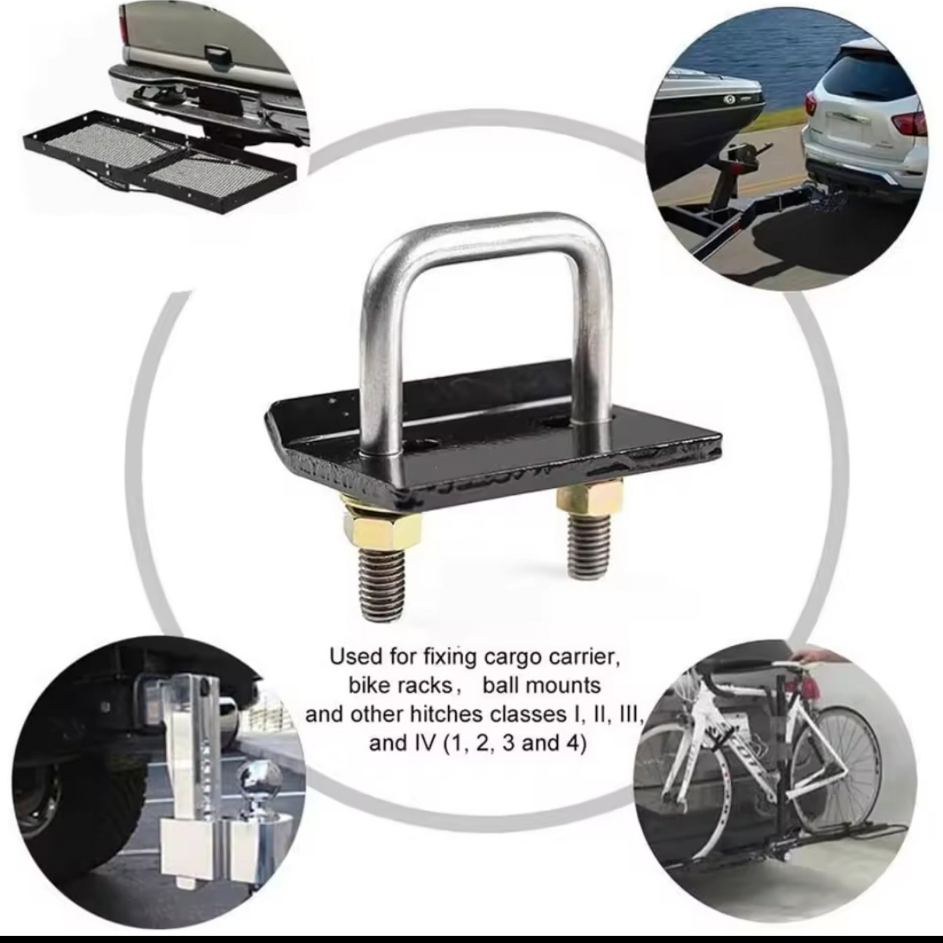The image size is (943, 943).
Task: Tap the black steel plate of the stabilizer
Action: click(489, 435)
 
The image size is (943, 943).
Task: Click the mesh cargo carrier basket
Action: click(160, 162)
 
